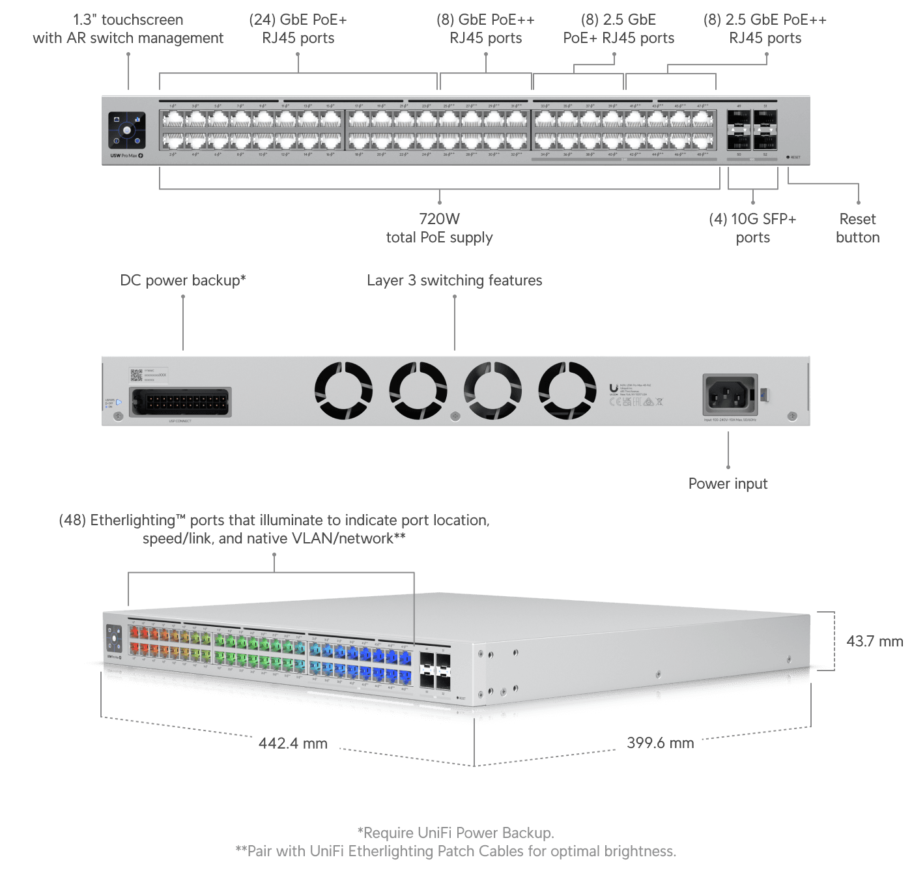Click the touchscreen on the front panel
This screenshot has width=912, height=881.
coord(126,130)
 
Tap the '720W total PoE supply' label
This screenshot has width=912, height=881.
coord(439,228)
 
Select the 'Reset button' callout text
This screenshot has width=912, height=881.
coord(857,228)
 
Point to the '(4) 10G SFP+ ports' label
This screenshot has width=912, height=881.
coord(752,228)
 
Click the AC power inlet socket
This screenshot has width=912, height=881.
coord(730,394)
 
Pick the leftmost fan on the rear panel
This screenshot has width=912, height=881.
coord(343,390)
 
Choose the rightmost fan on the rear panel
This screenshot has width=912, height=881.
coord(567,390)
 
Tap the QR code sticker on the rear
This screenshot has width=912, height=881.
coord(136,375)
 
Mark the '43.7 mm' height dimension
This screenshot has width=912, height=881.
coord(874,641)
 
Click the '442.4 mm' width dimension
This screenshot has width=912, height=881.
coord(292,744)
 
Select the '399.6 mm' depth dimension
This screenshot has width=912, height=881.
coord(660,743)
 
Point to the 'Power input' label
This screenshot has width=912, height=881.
coord(728,484)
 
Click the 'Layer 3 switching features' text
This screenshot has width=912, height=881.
coord(454,280)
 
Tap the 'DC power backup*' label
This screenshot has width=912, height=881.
coord(183,280)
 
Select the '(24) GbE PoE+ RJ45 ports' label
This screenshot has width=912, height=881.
coord(298,29)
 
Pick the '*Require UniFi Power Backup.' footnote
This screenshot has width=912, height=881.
coord(455,833)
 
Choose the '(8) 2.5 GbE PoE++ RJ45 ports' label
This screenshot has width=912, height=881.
coord(765,29)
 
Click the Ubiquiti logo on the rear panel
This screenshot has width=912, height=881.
coord(613,389)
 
